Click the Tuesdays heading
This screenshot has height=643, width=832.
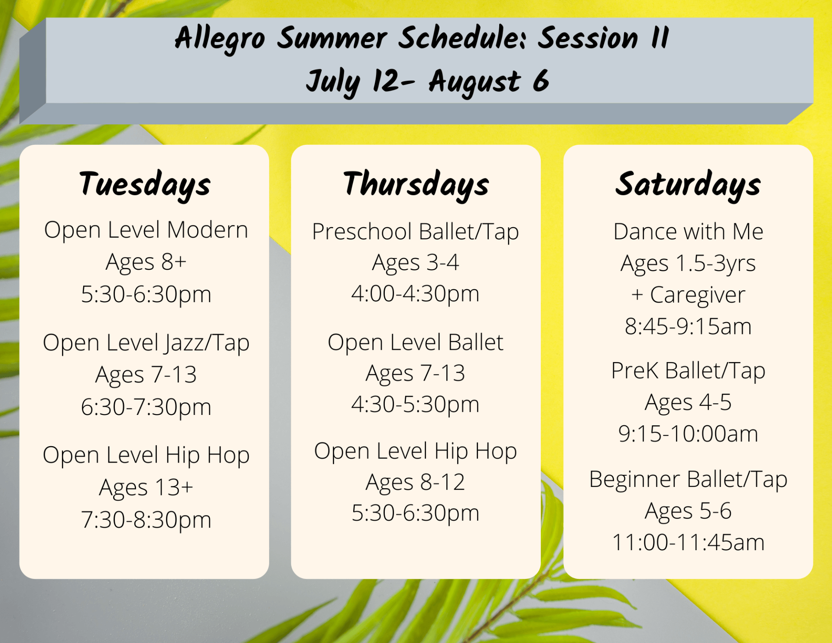click(145, 184)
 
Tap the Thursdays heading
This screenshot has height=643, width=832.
click(416, 184)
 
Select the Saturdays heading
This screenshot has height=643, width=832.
click(688, 184)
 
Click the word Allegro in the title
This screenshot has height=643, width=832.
click(220, 38)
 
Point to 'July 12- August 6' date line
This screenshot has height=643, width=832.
click(427, 82)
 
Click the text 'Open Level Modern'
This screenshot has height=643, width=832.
click(146, 230)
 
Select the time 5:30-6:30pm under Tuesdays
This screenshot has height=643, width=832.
click(146, 294)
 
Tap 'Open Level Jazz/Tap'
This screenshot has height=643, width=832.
click(146, 343)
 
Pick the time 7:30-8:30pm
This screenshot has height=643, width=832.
click(146, 519)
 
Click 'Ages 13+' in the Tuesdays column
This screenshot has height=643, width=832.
click(146, 487)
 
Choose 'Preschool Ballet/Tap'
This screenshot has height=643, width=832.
click(416, 232)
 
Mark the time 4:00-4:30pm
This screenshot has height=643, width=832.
click(416, 294)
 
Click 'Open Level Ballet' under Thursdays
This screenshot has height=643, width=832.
click(416, 343)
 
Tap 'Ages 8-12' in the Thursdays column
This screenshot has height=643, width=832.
click(416, 482)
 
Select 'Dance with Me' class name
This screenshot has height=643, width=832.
click(688, 232)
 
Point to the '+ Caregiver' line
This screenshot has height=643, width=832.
click(688, 295)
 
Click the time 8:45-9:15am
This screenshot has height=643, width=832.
click(688, 326)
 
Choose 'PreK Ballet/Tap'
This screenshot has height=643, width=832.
click(688, 371)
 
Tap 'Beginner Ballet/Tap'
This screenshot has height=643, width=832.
click(688, 480)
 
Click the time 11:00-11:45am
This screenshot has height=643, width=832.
click(688, 542)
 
